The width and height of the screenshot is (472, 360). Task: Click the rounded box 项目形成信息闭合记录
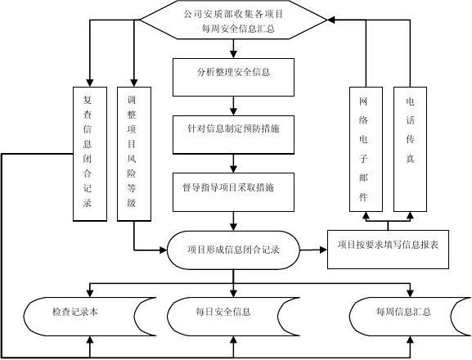pos(233,250)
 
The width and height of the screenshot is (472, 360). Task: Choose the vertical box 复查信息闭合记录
pos(89,153)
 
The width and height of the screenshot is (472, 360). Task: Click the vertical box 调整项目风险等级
pos(133,153)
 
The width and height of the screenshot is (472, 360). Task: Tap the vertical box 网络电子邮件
pos(364,148)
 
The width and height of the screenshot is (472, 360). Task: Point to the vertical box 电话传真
pos(410,148)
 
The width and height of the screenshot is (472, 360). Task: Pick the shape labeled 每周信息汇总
pos(402,313)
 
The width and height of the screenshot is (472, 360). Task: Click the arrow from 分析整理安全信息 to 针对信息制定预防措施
pos(234,106)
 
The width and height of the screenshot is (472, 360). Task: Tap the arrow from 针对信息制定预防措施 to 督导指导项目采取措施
pos(234,161)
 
